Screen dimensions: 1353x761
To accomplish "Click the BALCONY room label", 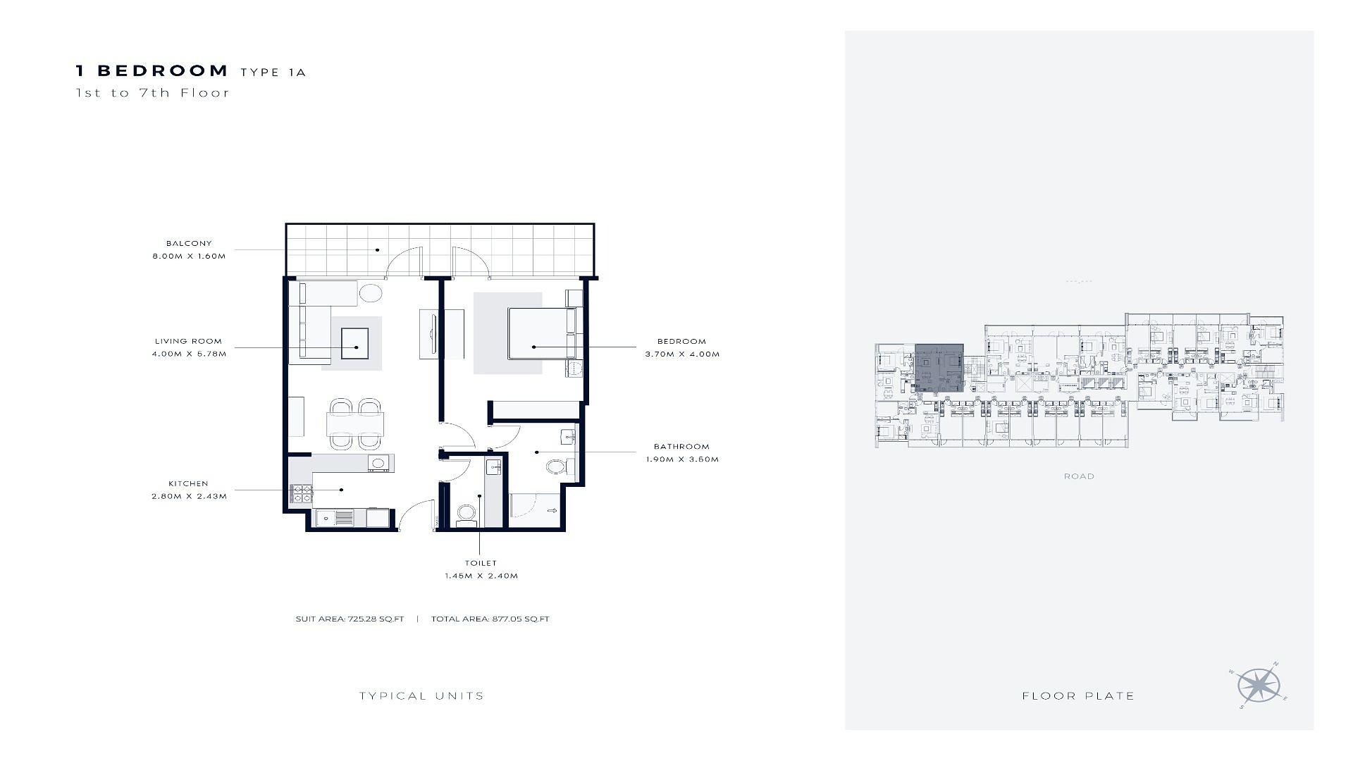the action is pos(189,243).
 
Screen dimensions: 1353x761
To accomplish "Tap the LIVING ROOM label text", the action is pos(188,341).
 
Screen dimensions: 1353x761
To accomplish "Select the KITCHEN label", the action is pos(188,483).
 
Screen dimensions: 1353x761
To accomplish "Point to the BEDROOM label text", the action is pos(681,341).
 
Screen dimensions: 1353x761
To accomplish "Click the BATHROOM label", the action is pos(681,446).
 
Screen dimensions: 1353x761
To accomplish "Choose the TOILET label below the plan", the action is pos(481,563).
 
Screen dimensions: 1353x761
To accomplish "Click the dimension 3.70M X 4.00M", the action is pos(682,354).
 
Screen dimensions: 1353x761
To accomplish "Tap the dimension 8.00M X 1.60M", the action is pos(189,256).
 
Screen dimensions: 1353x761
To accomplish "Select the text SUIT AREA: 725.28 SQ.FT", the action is pos(350,619).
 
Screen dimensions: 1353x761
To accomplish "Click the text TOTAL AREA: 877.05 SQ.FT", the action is pos(490,619).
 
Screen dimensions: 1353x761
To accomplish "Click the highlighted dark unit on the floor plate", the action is pos(939,369).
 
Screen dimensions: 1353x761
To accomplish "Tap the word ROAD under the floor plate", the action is pos(1079,476).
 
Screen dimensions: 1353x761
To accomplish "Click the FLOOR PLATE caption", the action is pos(1078,696).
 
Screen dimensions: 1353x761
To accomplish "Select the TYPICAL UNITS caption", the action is pos(421,696).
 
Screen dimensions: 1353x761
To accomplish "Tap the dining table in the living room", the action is pos(356,423).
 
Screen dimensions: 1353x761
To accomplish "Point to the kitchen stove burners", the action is pos(301,494).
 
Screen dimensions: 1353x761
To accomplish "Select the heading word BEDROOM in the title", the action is pos(163,70).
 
